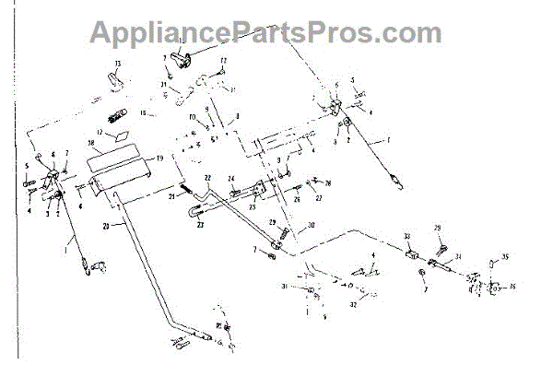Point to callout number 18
[91, 146]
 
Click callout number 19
[159, 159]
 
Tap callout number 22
[208, 177]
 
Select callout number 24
[232, 179]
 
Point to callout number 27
[319, 196]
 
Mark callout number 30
[312, 225]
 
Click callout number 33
[406, 237]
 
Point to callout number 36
[512, 287]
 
